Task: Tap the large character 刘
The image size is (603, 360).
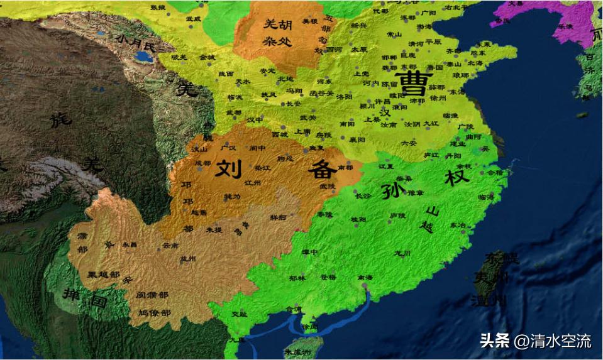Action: click(230, 168)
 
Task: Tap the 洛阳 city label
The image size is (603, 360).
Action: click(343, 97)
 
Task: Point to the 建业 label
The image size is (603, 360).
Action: click(457, 144)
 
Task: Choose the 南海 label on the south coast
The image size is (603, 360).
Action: click(364, 277)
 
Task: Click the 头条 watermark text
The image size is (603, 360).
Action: click(494, 341)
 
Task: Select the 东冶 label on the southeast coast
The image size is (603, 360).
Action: click(458, 225)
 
